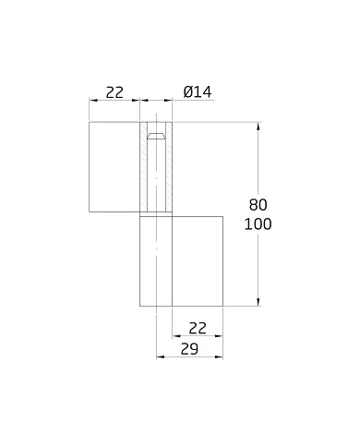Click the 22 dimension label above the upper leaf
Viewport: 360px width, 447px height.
[x=114, y=91]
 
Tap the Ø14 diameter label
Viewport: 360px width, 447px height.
[x=198, y=91]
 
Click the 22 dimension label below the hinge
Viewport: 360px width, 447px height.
[x=197, y=328]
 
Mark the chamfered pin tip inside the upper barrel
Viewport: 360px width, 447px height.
[x=156, y=137]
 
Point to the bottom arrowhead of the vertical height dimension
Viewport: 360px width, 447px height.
[x=258, y=301]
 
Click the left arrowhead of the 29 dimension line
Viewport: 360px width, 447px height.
[x=159, y=357]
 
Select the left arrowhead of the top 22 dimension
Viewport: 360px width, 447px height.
[x=92, y=101]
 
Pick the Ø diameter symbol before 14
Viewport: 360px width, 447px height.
[x=187, y=91]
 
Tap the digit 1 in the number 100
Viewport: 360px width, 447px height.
[x=250, y=224]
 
